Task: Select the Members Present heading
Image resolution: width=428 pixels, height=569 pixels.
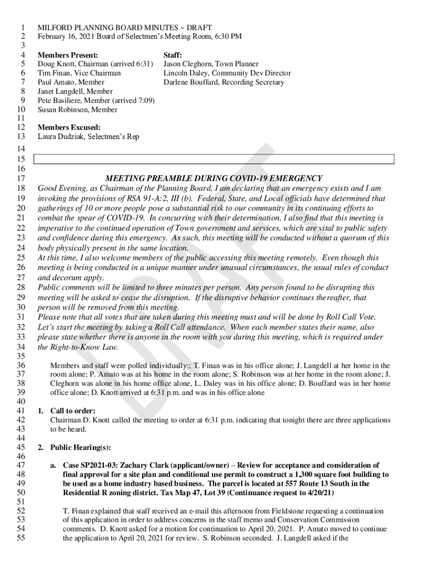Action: click(68, 55)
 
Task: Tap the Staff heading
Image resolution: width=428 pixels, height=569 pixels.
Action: click(173, 55)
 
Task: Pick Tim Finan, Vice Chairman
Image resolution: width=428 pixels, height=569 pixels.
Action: click(79, 73)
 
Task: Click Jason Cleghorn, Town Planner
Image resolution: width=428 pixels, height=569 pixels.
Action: click(211, 64)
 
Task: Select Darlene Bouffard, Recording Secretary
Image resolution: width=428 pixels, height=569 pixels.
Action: click(223, 82)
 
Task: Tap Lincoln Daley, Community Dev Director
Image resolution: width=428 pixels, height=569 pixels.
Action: click(227, 73)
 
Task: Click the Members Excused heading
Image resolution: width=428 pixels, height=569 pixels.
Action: click(69, 127)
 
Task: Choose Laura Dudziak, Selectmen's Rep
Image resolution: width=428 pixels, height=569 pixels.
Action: click(88, 136)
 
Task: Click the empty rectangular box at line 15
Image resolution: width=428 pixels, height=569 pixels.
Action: click(214, 159)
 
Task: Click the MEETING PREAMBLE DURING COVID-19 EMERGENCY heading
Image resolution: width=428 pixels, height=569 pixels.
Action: click(213, 178)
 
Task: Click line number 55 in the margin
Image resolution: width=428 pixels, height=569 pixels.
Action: click(22, 538)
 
